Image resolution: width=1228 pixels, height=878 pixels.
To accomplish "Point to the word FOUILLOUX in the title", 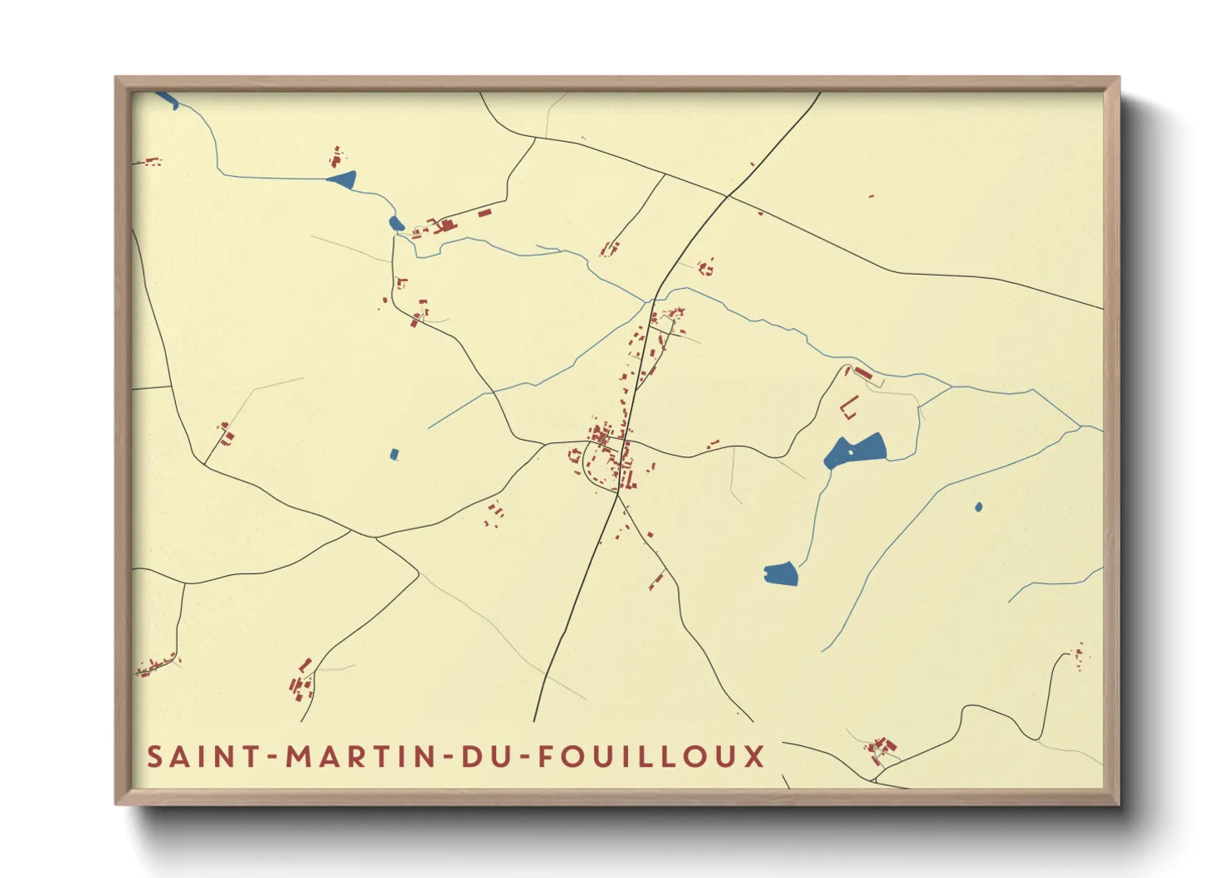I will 651,757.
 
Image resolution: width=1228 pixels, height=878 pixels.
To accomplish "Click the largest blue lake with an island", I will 859,451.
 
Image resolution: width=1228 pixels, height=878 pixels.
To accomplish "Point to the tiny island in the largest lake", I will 850,452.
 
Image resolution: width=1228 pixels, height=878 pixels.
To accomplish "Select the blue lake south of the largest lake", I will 781,573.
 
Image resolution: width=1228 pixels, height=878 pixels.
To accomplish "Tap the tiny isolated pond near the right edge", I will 979,506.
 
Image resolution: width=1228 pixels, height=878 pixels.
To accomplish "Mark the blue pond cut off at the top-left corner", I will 168,100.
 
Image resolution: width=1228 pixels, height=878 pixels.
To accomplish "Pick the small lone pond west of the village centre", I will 394,454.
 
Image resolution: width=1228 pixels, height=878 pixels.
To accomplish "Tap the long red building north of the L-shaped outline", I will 863,373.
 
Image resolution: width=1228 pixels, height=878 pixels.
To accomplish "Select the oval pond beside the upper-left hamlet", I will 396,222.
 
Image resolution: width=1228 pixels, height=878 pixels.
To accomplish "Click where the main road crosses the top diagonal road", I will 728,196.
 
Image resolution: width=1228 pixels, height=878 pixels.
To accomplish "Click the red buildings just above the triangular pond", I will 336,156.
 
